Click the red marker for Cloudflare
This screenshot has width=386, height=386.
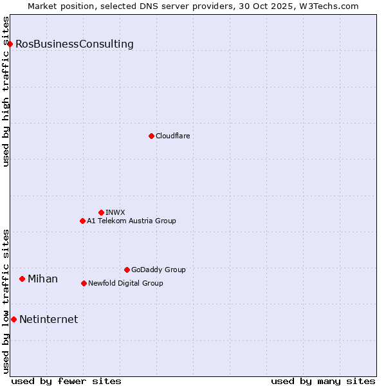point(151,136)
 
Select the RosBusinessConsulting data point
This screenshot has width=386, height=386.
point(10,44)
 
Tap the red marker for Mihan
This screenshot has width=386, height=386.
point(22,279)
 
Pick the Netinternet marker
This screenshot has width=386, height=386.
point(14,319)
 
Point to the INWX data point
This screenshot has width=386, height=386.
point(101,212)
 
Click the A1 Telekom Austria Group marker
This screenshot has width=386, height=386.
point(82,221)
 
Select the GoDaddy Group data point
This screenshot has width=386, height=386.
point(127,270)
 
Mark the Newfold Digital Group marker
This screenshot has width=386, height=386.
point(84,283)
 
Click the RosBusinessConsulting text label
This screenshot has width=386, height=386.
point(75,44)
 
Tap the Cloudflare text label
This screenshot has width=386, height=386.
point(173,136)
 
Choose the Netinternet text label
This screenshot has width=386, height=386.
point(49,320)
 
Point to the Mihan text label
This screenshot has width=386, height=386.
point(42,279)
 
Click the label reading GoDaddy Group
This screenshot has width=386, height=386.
point(158,270)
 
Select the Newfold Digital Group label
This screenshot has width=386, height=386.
point(125,283)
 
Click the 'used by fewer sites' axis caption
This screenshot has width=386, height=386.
point(66,381)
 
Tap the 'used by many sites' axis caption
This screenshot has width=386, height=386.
point(323,381)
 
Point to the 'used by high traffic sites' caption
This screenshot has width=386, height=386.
point(6,91)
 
